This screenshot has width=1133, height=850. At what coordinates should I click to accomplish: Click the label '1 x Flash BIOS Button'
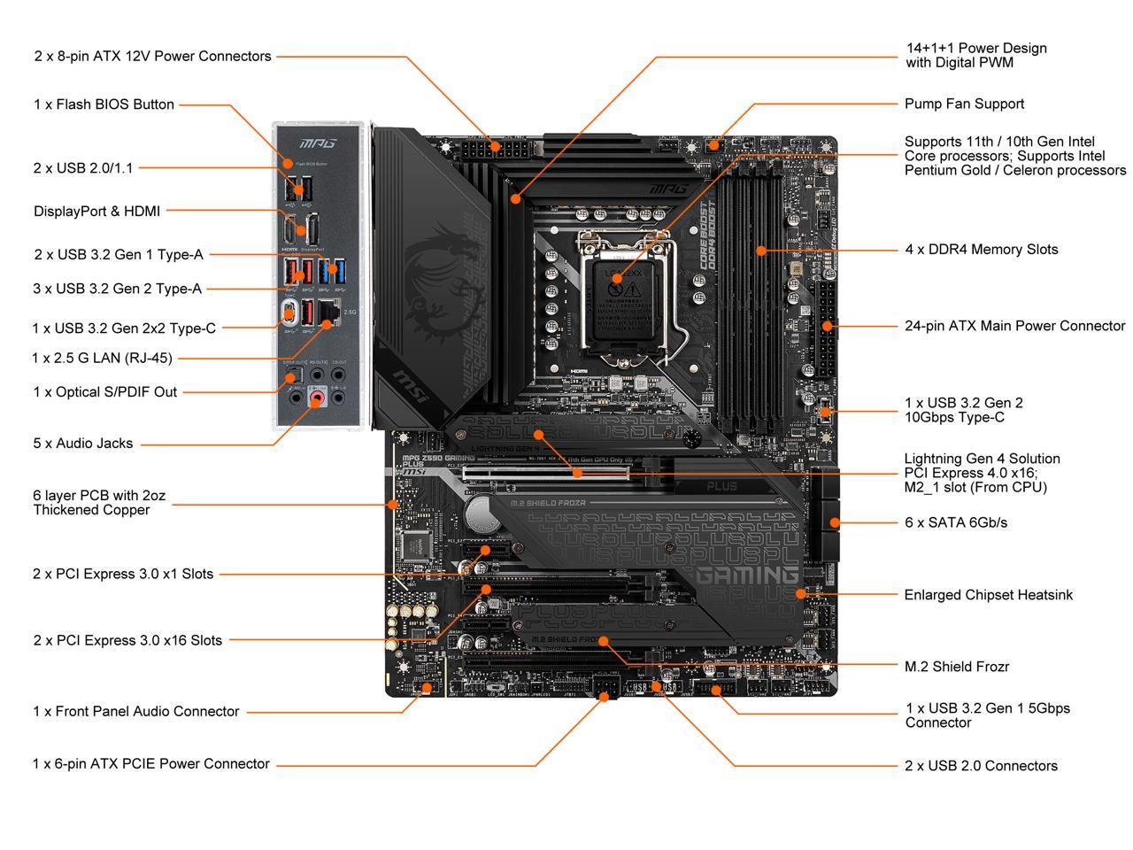(x=104, y=104)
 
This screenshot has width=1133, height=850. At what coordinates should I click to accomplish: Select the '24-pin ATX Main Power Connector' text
(x=1014, y=326)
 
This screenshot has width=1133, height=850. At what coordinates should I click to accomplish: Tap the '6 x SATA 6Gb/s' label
(x=955, y=522)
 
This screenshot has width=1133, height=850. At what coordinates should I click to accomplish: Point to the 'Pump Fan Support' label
(x=964, y=104)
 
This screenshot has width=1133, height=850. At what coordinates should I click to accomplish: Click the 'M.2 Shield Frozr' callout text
(x=956, y=667)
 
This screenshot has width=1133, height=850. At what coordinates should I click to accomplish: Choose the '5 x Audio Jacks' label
(x=83, y=444)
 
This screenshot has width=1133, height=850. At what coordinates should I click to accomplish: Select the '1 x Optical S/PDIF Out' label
(x=104, y=392)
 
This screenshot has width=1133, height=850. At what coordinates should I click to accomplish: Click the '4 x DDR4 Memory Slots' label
(x=981, y=250)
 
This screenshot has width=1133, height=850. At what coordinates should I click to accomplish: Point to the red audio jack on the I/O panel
(x=316, y=399)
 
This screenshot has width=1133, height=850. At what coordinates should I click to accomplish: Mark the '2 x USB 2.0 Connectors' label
(x=981, y=766)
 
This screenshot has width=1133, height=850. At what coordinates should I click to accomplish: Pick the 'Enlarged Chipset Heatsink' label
(x=988, y=595)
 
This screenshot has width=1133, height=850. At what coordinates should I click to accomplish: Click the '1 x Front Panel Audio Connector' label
(x=135, y=712)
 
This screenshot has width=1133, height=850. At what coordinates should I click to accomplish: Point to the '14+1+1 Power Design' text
(x=975, y=49)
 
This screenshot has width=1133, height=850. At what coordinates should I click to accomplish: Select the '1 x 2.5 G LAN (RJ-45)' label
(x=102, y=359)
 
